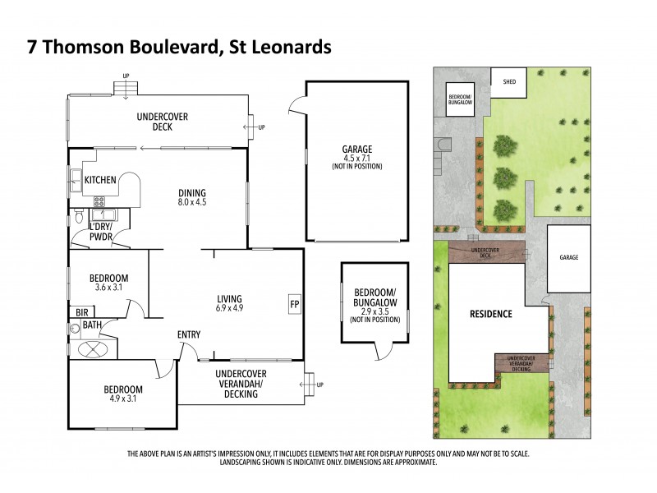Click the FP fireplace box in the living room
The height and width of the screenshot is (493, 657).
pos(294,304)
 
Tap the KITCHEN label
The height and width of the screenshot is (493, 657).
pos(99,179)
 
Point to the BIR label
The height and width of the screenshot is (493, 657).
pos(81,312)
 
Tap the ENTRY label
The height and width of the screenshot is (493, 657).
pos(189,334)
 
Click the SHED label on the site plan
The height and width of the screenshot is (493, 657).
pos(508,81)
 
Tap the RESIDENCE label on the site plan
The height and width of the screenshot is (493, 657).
pos(491,314)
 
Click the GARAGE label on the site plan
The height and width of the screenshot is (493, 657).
pos(569,257)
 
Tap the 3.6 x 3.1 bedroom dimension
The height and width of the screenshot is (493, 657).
pos(108,288)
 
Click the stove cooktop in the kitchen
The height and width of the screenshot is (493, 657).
pos(99,200)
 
